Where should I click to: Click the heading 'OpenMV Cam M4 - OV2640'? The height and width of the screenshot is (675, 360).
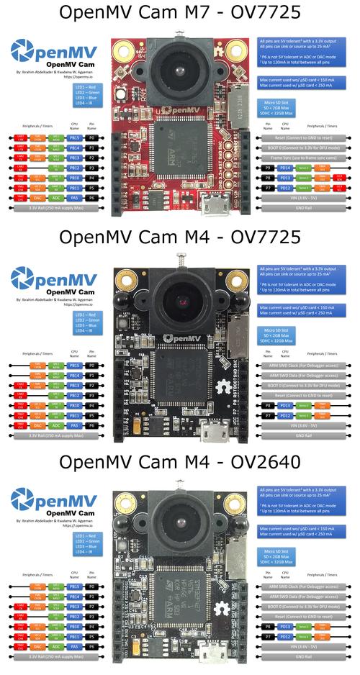tap(180, 462)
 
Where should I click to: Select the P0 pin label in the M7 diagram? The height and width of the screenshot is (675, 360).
tap(91, 136)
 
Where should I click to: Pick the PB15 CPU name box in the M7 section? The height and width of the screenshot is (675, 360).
tap(73, 136)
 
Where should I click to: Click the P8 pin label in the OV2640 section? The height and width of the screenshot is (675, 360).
tap(267, 627)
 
